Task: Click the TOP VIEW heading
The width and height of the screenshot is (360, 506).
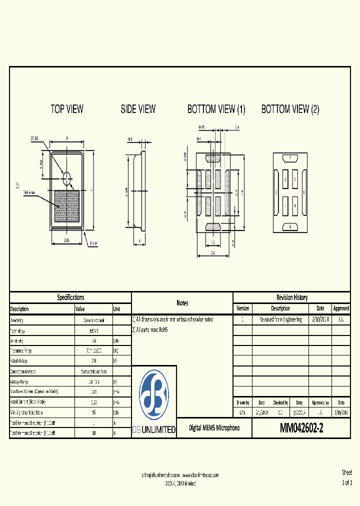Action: [x=67, y=109]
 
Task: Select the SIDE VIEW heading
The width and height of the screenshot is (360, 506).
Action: [x=138, y=109]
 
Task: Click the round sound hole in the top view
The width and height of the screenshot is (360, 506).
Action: [x=67, y=176]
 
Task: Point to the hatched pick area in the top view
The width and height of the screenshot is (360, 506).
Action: [x=67, y=206]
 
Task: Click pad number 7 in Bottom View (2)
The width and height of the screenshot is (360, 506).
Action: [x=290, y=158]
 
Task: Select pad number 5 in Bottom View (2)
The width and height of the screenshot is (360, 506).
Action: [x=290, y=226]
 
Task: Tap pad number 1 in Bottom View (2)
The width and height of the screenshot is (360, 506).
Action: [x=285, y=205]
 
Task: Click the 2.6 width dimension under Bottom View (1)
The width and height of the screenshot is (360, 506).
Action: [x=213, y=253]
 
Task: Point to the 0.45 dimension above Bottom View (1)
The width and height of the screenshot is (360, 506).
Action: [x=201, y=127]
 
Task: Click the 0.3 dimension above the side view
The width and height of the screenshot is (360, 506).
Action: [x=130, y=139]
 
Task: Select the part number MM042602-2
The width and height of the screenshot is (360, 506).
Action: [x=301, y=428]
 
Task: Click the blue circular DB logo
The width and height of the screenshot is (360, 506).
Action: [x=154, y=395]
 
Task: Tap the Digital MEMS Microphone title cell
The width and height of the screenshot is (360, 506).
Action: [x=214, y=428]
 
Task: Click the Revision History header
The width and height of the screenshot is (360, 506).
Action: [x=291, y=297]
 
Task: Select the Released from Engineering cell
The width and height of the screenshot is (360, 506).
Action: [x=280, y=319]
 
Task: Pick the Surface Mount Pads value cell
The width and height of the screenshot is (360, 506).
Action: [x=94, y=371]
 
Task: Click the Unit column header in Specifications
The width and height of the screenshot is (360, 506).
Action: [x=117, y=309]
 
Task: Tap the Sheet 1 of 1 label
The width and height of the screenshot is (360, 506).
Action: [x=346, y=477]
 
